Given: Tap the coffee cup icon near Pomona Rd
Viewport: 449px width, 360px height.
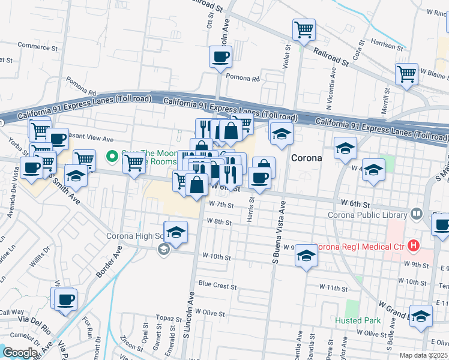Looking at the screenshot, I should (x=220, y=57).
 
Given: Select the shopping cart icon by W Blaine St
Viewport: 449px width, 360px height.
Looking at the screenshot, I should (x=406, y=74).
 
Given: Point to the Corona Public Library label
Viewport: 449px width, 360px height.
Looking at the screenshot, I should (x=367, y=215).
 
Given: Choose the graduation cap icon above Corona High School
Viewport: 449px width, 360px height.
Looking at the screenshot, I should (x=176, y=233).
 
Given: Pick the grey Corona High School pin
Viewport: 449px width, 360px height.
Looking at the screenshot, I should (x=164, y=252).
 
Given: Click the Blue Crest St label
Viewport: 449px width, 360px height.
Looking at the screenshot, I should (x=217, y=286).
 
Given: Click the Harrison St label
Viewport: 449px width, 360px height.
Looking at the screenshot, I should (x=386, y=45).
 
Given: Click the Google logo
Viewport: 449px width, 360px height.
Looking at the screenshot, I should (x=19, y=352).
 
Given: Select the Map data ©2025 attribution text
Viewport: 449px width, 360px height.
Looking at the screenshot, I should (x=424, y=355).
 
